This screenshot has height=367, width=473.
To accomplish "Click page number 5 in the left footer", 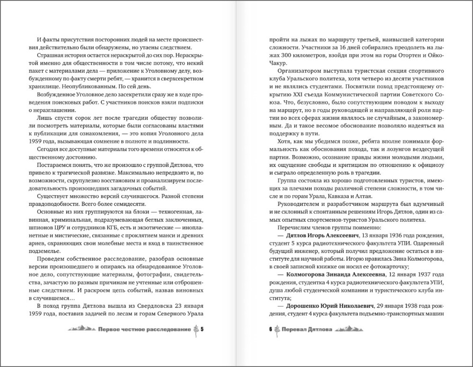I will point(202,330).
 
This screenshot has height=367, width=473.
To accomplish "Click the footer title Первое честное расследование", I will point(143,330).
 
